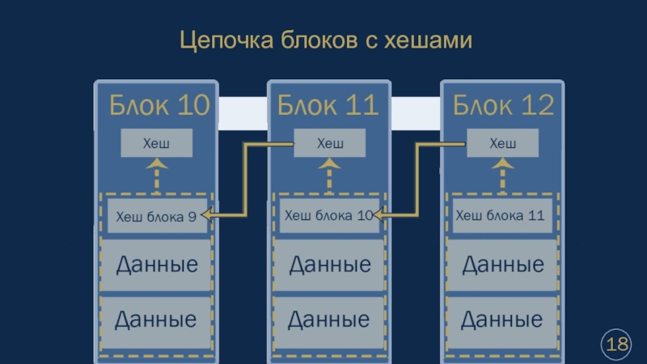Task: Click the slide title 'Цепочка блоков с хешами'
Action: point(324,40)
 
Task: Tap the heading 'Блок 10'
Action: point(159,105)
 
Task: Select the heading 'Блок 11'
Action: point(328,105)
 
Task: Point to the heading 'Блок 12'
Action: point(503,105)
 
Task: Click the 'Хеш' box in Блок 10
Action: point(156,143)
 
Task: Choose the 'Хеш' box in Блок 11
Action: point(330,143)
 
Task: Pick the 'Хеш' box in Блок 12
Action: point(503,143)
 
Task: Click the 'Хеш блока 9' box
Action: point(157,216)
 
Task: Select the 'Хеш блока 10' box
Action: point(329,216)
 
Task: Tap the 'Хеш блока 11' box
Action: point(502,216)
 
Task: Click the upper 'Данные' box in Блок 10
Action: point(156,265)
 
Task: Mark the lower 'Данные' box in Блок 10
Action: point(156,320)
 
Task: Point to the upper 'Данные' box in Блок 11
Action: point(329,265)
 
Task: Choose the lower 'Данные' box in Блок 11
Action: point(329,320)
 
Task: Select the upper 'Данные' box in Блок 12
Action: point(502,265)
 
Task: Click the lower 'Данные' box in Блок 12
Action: point(502,320)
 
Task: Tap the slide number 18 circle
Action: point(617,345)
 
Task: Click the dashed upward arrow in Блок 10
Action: point(157,175)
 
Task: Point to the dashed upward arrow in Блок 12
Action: point(503,175)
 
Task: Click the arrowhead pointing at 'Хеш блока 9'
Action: point(206,215)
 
